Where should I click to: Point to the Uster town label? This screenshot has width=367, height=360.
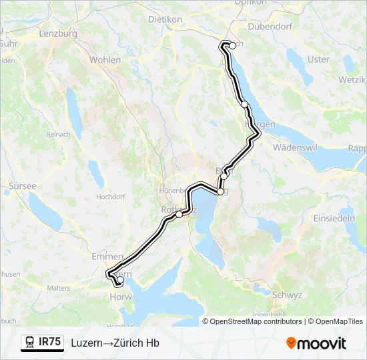coord(318,59)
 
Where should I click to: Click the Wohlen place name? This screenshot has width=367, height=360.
coord(105,60)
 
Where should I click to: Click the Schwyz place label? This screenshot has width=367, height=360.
coord(288,295)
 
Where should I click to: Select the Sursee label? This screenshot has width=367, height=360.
coord(22,186)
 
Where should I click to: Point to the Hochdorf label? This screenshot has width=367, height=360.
coord(111,197)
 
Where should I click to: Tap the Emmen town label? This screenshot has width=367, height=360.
coord(107,256)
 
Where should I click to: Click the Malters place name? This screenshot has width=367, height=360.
coord(59,288)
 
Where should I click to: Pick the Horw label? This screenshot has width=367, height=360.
coord(121,297)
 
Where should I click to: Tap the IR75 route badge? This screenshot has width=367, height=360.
coord(43,343)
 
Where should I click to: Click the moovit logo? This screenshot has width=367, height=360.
coord(316,343)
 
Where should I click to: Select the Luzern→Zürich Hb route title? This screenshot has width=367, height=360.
coord(115,343)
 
